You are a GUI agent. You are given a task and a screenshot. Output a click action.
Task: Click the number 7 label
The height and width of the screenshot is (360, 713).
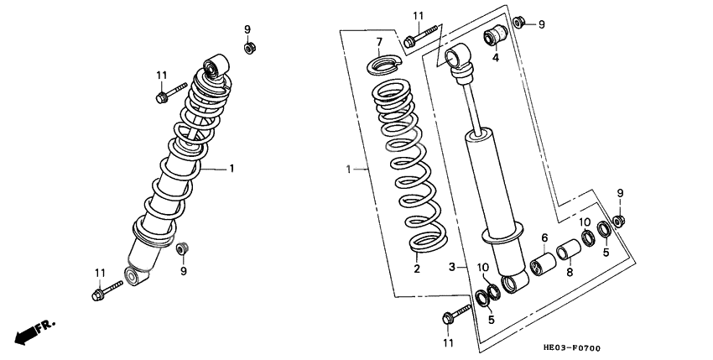click(379, 42)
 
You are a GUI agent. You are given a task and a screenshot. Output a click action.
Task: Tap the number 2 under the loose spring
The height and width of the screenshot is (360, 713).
click(417, 269)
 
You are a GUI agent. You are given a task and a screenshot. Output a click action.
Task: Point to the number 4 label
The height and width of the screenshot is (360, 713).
click(495, 58)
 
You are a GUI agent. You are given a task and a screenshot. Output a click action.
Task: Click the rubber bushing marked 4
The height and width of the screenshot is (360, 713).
click(495, 35)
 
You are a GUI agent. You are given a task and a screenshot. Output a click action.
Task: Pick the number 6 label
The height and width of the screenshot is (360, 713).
click(544, 237)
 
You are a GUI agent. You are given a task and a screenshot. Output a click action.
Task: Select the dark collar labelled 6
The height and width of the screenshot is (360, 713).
click(543, 264)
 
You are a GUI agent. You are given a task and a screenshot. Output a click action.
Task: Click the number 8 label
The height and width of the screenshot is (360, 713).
click(570, 272)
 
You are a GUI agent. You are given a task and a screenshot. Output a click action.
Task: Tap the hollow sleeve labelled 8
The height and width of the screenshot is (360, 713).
click(569, 249)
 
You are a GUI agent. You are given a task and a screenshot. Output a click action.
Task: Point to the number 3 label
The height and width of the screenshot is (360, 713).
click(451, 267)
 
